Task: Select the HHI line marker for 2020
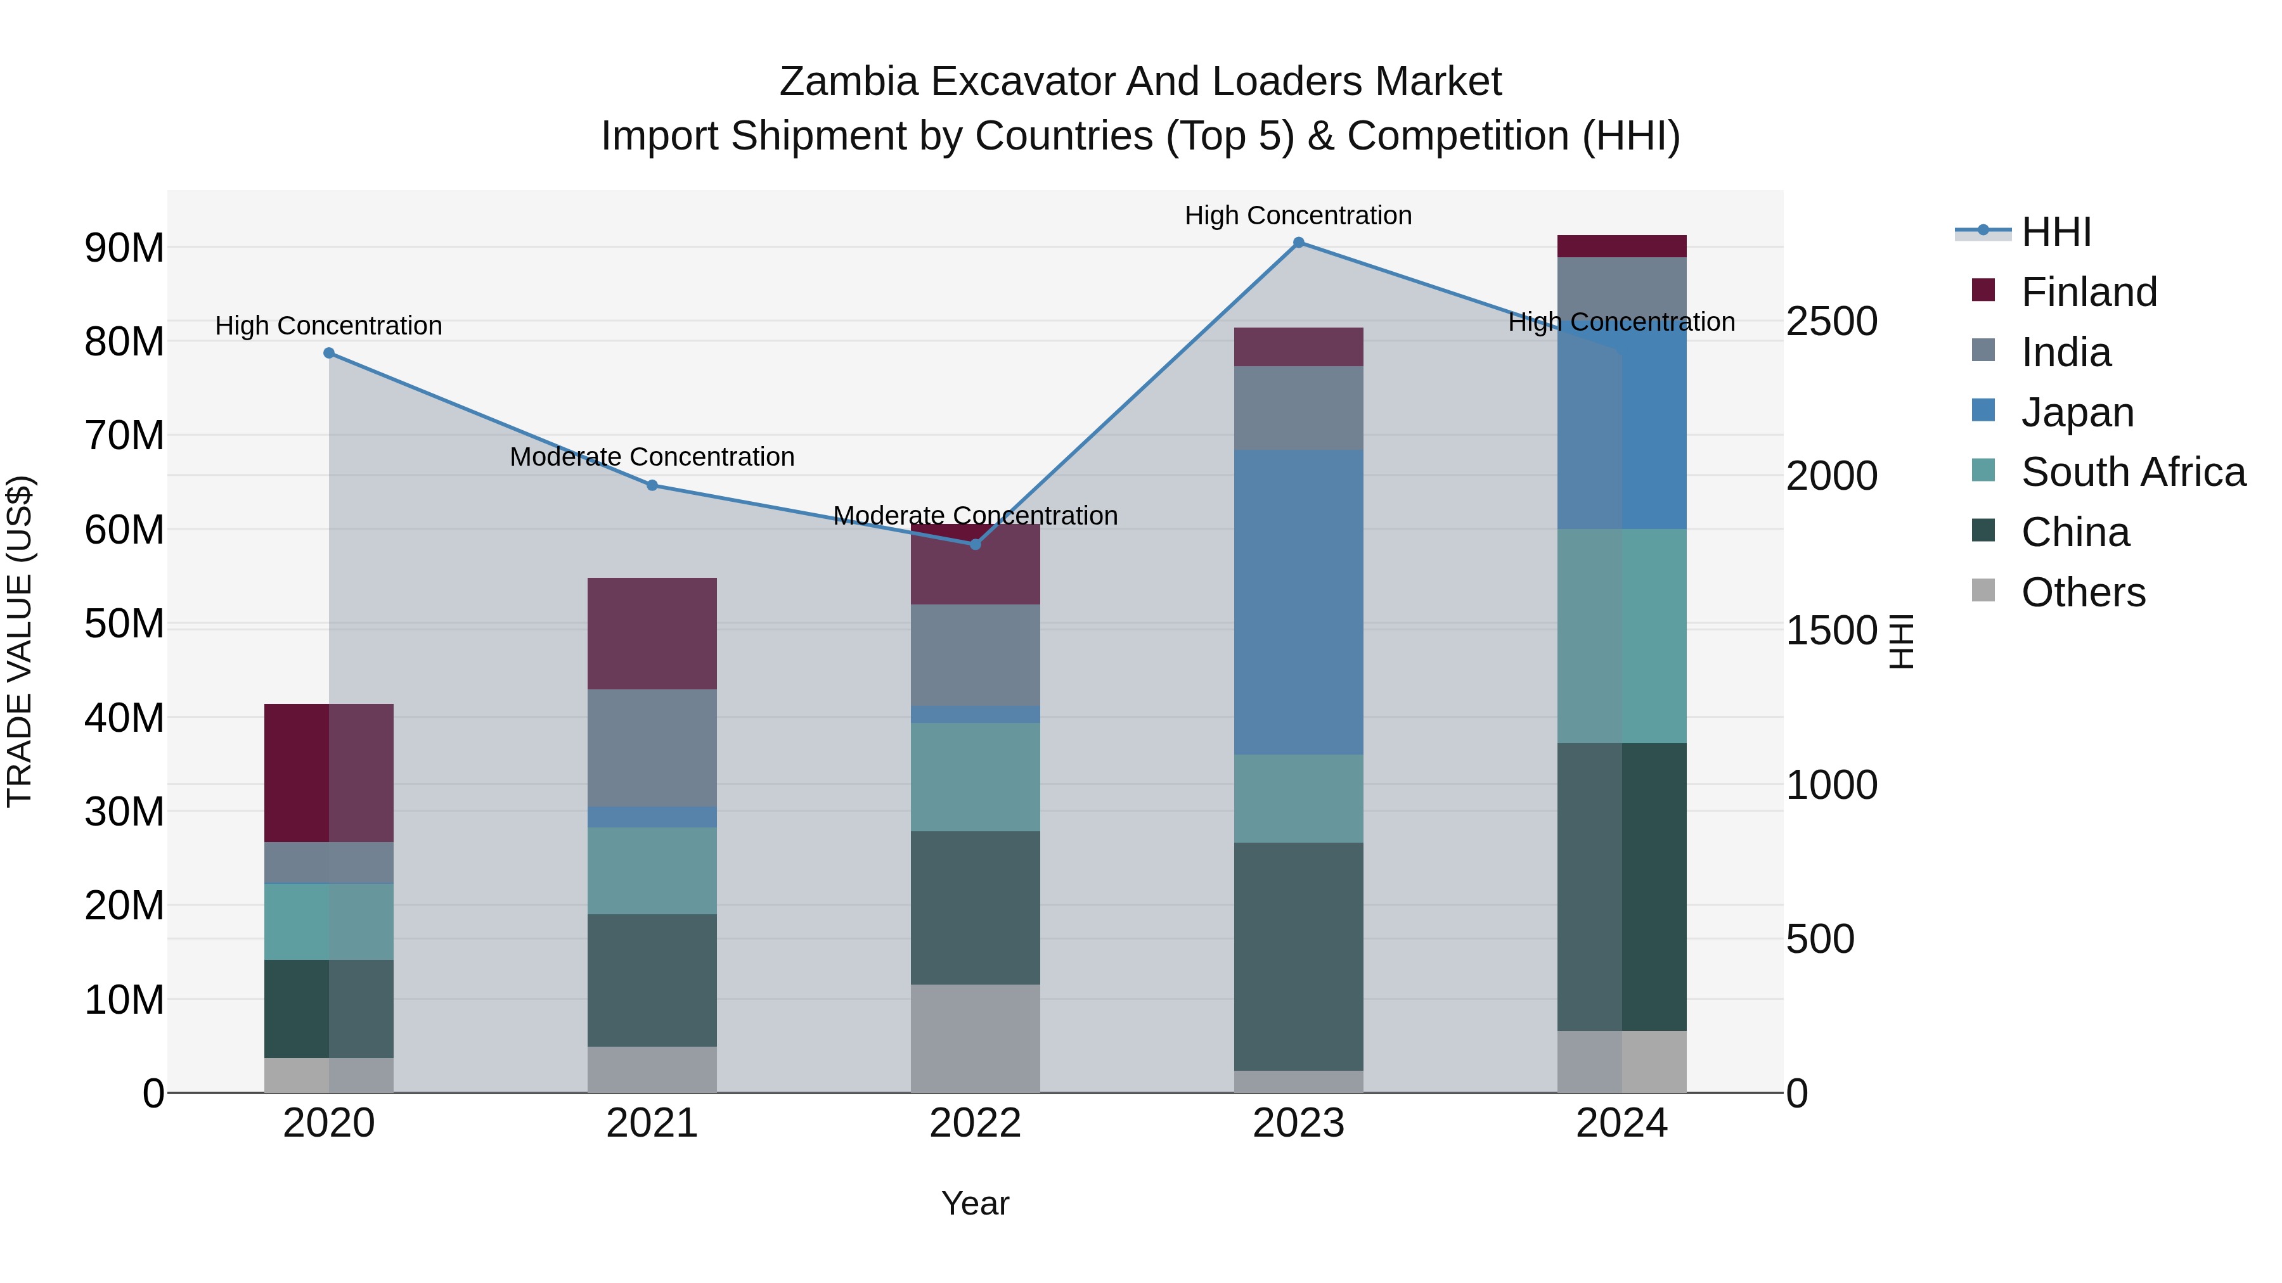tap(328, 354)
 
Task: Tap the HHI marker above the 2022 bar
tap(976, 544)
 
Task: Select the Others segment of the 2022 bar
tap(976, 1038)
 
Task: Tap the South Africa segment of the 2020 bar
tap(328, 922)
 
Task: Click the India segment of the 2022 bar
tap(976, 655)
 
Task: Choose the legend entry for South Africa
tap(2132, 472)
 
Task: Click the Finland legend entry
tap(2088, 292)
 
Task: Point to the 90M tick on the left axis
tap(124, 248)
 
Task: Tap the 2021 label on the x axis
tap(652, 1123)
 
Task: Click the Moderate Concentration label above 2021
tap(652, 457)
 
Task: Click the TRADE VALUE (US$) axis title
tap(20, 641)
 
